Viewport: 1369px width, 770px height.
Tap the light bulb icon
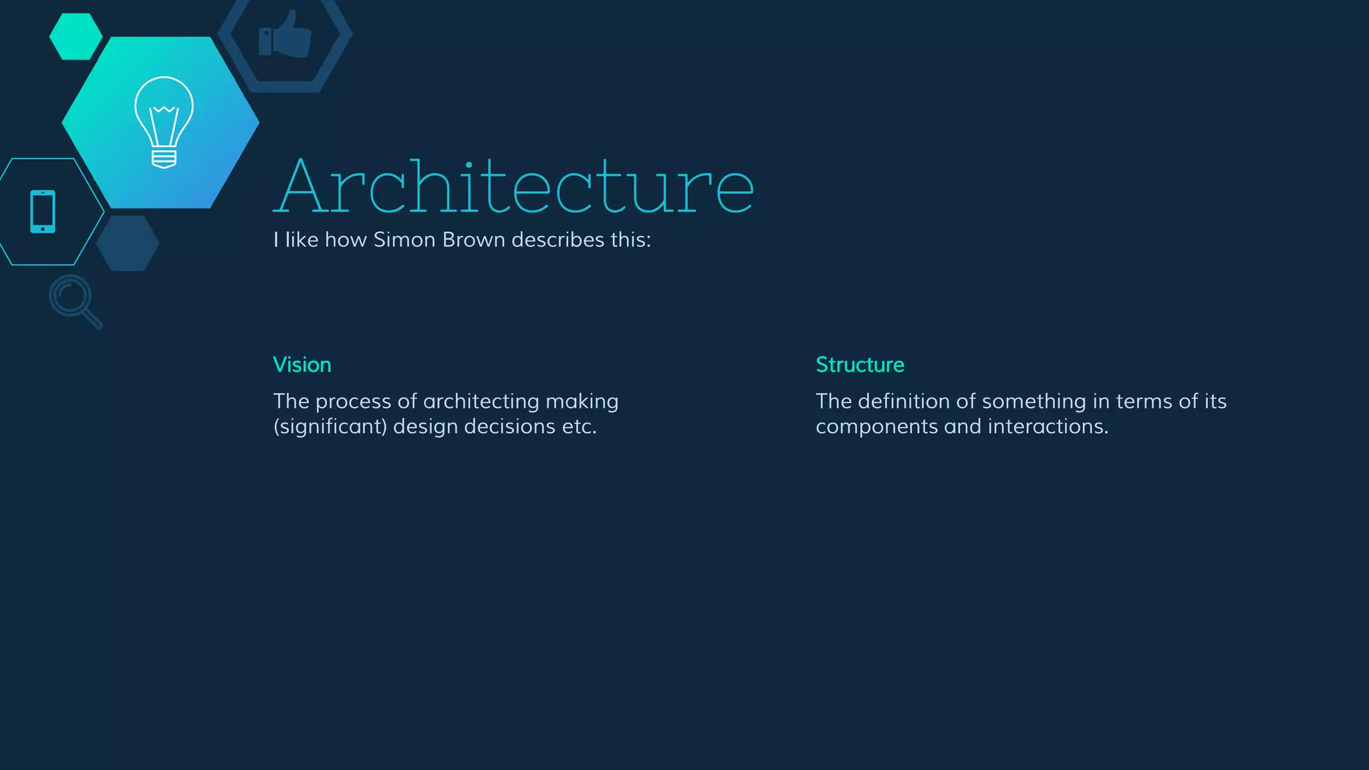164,122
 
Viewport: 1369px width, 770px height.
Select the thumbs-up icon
285,35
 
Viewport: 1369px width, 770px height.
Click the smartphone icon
43,212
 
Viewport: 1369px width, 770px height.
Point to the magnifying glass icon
75,301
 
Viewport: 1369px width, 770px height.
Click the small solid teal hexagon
76,37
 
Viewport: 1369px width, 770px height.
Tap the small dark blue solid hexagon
128,243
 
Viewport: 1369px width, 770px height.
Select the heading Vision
302,365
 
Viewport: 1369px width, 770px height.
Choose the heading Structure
860,365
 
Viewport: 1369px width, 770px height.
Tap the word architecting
481,402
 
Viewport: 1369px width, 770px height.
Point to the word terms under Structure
1144,402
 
